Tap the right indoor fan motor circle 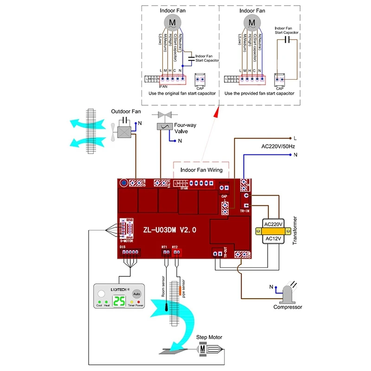(x=252, y=22)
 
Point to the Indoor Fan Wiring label (x=201, y=170)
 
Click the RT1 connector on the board (x=164, y=252)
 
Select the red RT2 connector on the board (x=176, y=252)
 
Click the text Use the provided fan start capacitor (x=259, y=93)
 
